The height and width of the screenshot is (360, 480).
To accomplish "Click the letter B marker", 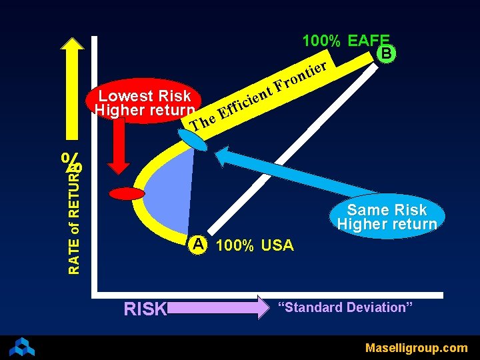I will coord(387,53).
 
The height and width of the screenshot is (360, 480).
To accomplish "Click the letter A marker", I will coord(197,244).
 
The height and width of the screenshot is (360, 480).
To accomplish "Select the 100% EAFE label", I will coord(345,41).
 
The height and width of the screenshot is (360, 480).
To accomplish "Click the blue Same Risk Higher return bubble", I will coord(387,217).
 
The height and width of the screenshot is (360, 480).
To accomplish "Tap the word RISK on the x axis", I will coord(145,309).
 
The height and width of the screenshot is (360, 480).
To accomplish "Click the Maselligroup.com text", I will coord(416,347).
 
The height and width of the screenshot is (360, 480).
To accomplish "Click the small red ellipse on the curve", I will coord(127,194).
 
